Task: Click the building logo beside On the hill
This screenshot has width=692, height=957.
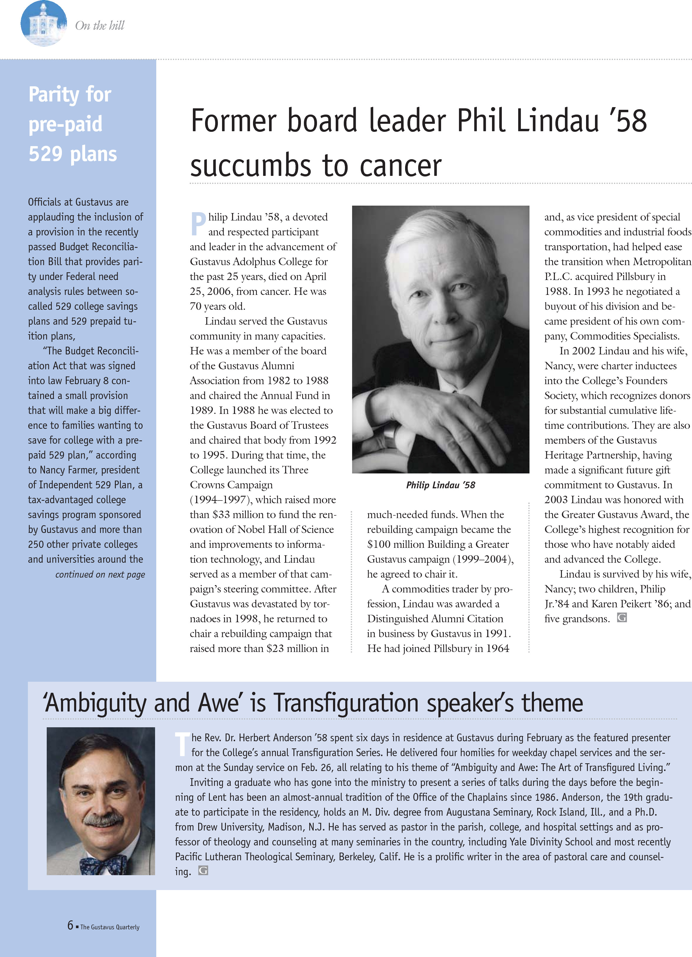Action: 43,24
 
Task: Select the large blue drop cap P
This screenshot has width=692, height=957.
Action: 198,224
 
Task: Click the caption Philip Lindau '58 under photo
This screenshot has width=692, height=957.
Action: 440,485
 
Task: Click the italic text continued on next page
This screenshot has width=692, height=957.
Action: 100,574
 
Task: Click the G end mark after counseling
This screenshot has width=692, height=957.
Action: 203,870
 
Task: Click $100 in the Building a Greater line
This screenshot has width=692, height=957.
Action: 379,544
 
